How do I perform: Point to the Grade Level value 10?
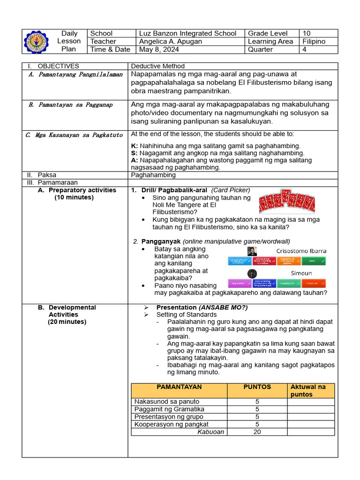[x=307, y=33]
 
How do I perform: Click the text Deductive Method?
[x=158, y=66]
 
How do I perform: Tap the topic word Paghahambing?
[x=153, y=175]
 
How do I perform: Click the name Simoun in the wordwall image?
[x=301, y=273]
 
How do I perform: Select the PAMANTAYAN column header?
[x=179, y=387]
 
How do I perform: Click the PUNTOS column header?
[x=257, y=387]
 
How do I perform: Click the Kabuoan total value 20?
[x=257, y=432]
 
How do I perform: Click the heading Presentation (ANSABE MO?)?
[x=202, y=307]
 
